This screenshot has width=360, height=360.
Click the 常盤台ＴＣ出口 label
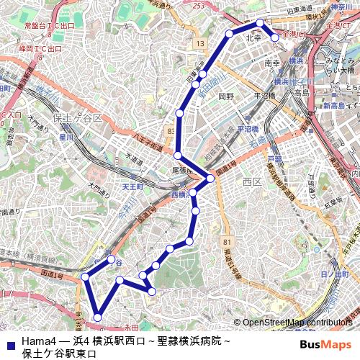[x=49, y=25]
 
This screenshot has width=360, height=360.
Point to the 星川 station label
[x=66, y=135]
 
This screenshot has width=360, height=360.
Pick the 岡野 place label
[x=227, y=95]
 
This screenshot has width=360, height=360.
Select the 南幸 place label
[x=272, y=63]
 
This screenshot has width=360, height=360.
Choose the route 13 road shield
[x=199, y=45]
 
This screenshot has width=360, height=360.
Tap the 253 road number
[x=199, y=6]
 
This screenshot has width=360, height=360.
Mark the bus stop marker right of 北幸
[x=275, y=37]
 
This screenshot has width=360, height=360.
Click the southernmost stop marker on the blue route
[x=98, y=316]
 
